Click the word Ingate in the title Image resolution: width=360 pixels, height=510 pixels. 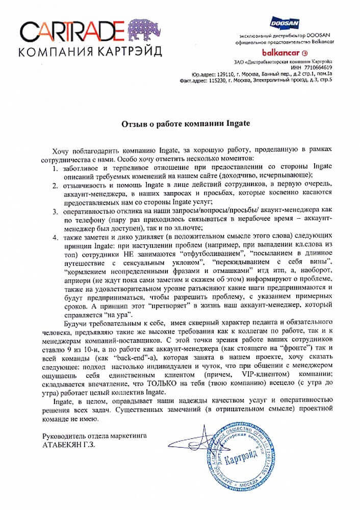[227, 123]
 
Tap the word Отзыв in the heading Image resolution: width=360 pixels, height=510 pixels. [133, 123]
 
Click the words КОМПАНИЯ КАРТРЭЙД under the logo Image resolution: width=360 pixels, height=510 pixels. [88, 52]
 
